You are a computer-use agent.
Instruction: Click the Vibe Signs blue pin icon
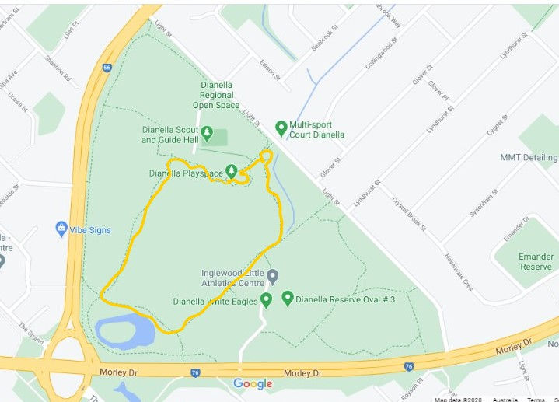(62, 229)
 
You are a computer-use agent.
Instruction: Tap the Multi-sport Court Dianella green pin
(281, 128)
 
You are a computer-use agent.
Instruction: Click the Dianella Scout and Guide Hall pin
(208, 133)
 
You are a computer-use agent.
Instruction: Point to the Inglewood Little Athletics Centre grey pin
(272, 277)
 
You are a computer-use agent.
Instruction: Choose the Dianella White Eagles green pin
(266, 300)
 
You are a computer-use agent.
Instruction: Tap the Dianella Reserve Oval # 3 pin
(287, 298)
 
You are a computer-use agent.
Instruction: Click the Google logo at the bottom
(253, 383)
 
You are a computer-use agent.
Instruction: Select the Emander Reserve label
(535, 261)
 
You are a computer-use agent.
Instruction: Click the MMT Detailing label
(529, 158)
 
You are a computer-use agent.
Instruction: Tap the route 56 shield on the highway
(106, 68)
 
